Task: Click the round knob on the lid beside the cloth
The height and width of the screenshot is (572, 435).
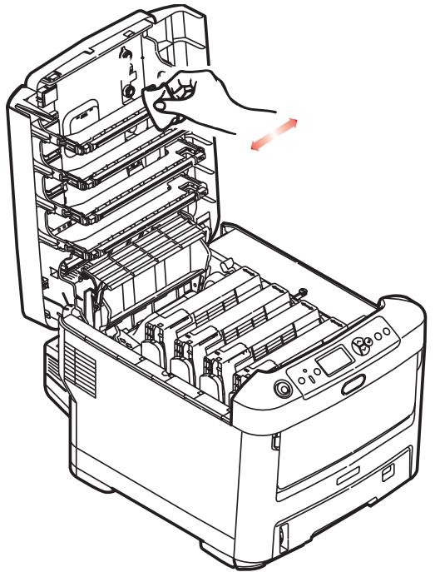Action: pos(130,89)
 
